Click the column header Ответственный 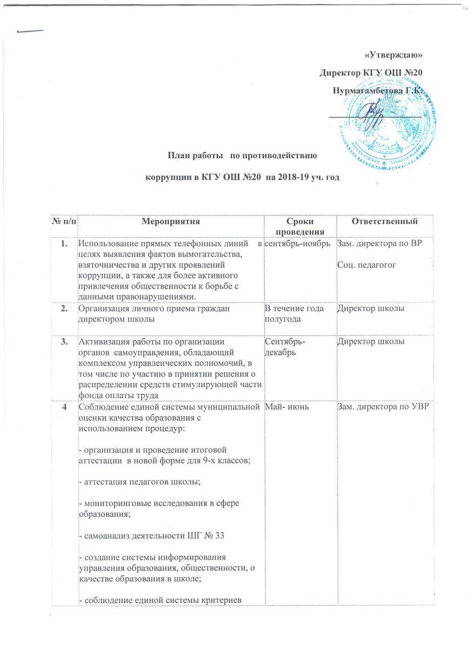[384, 222]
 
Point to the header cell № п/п [62, 222]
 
